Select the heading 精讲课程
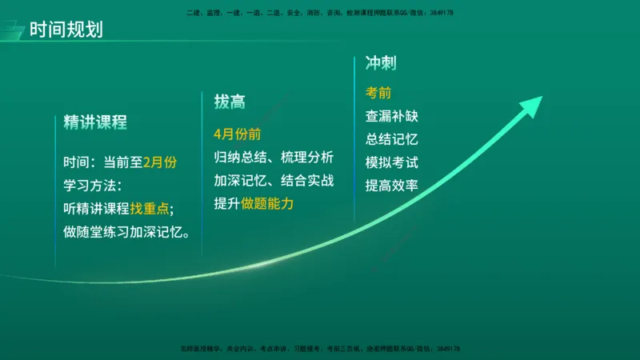[x=95, y=122]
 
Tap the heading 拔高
[x=229, y=102]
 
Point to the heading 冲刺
[x=381, y=63]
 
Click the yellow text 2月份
[x=159, y=162]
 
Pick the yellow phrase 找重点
[x=149, y=209]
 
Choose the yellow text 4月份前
[x=237, y=134]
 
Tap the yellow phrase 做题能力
[x=267, y=204]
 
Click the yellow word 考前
[x=378, y=93]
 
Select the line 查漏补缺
[x=391, y=116]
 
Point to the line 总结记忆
[x=391, y=139]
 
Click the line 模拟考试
[x=391, y=162]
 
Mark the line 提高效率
[x=391, y=186]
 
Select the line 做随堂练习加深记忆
[x=126, y=233]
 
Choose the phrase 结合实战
[x=308, y=180]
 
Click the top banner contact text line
[x=319, y=13]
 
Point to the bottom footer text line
[x=319, y=350]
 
